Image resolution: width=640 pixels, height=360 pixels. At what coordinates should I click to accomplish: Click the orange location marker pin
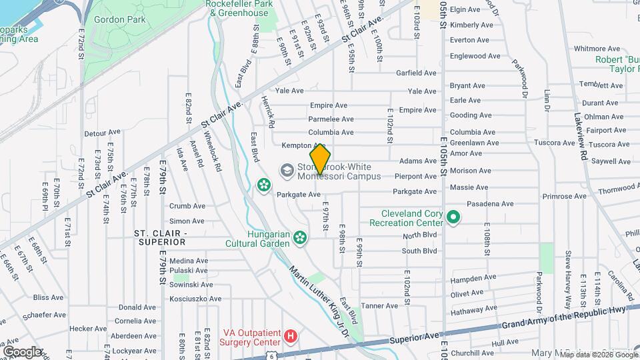(x=321, y=159)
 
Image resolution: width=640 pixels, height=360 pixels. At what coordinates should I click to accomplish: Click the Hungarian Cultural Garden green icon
(x=300, y=237)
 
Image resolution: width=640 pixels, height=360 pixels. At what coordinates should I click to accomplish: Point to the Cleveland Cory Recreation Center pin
(x=453, y=217)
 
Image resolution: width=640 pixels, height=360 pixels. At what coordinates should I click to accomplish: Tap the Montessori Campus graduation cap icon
(x=287, y=171)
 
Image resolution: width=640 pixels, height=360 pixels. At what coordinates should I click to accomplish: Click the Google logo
(x=22, y=351)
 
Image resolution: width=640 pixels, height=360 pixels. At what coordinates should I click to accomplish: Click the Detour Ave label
(x=101, y=133)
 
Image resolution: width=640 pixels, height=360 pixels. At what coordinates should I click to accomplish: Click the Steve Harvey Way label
(x=569, y=271)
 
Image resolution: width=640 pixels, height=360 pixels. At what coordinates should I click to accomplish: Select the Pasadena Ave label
(x=490, y=204)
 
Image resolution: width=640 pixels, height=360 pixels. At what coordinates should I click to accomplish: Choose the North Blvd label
(x=420, y=235)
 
